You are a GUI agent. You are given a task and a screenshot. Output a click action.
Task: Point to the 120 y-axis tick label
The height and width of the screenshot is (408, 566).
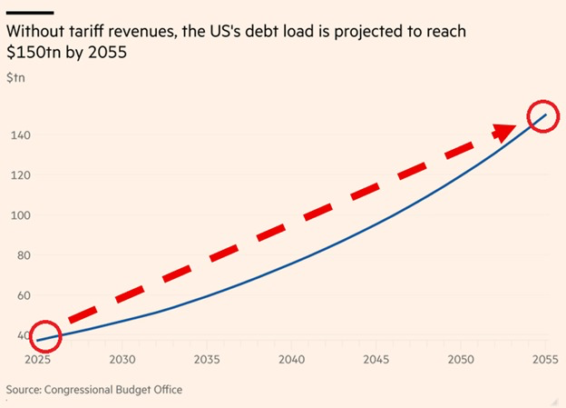coord(18,176)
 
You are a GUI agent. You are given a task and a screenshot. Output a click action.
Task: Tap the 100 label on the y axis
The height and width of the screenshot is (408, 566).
coord(18,216)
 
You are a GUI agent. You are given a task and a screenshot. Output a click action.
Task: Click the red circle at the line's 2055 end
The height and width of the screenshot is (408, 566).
coord(542,116)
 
